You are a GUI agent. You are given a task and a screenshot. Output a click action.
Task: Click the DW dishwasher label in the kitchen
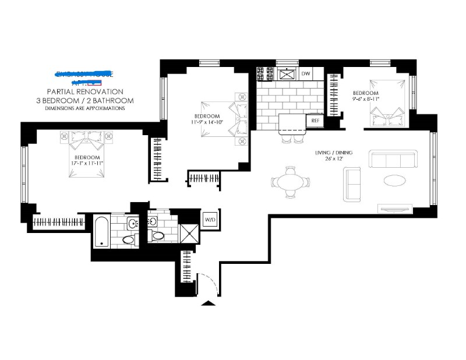tap(306, 74)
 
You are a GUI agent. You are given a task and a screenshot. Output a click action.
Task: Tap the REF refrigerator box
tap(316, 120)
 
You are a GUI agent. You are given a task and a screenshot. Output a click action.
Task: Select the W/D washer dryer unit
tap(209, 219)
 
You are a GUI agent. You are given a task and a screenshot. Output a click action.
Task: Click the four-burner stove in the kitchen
tap(265, 74)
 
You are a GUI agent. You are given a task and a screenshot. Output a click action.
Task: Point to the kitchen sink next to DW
tap(287, 74)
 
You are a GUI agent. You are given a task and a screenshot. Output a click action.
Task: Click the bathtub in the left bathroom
tap(101, 232)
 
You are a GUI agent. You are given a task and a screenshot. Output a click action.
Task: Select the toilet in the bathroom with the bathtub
tap(128, 239)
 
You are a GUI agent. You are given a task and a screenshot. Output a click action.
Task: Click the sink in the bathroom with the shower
tap(153, 221)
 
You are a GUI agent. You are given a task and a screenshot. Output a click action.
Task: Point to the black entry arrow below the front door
tap(206, 303)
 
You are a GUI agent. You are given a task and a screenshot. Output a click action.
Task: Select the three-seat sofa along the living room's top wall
tap(393, 159)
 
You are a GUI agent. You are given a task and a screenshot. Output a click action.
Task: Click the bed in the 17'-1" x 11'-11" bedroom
tap(86, 140)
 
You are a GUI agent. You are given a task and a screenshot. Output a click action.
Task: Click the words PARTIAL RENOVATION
tap(85, 91)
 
